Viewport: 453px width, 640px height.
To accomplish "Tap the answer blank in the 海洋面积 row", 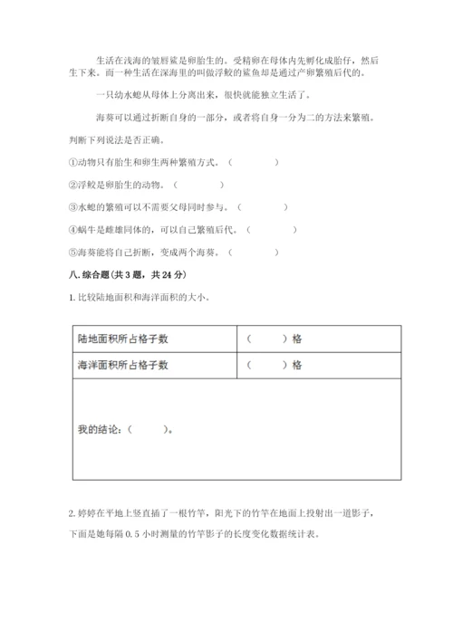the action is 265,365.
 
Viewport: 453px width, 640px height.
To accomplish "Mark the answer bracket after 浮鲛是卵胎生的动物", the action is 199,186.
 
